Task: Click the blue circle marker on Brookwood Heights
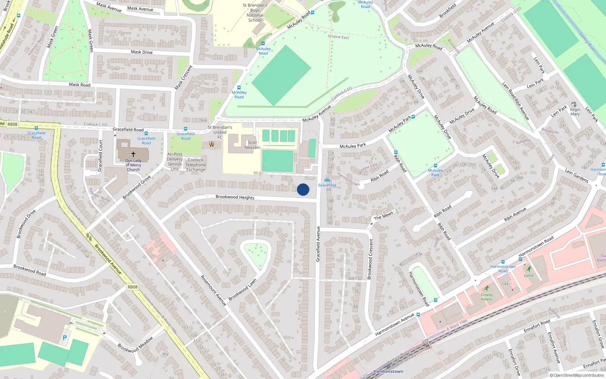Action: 303,189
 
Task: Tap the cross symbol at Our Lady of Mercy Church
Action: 133,154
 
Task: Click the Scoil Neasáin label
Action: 252,145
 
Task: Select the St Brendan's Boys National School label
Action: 255,13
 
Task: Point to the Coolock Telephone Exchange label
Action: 196,165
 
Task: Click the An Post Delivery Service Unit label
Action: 175,161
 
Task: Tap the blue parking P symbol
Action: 65,338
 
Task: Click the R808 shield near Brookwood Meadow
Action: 133,287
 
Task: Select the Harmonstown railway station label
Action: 388,371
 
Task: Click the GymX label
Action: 529,276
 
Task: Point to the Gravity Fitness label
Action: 487,297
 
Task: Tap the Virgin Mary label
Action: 575,112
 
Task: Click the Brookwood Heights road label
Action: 235,197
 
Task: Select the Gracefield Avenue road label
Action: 318,244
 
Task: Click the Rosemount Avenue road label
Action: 213,290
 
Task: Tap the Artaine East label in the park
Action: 338,37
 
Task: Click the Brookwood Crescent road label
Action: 370,259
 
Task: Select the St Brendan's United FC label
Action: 220,132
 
